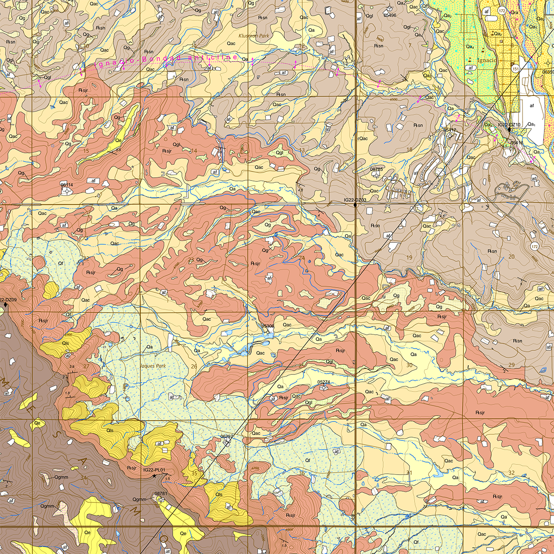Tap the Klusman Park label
point(253,36)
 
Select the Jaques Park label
point(152,366)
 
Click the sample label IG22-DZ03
point(355,200)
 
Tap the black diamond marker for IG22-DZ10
point(509,129)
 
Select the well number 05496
point(390,15)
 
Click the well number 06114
point(67,185)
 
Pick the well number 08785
point(377,169)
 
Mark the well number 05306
point(268,326)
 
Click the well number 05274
point(324,382)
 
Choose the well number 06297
point(227,436)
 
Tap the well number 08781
point(160,494)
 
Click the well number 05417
point(450,131)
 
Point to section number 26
point(194,367)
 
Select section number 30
point(409,365)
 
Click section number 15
point(85,151)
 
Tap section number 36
point(301,473)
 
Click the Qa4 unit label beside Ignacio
point(470,47)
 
